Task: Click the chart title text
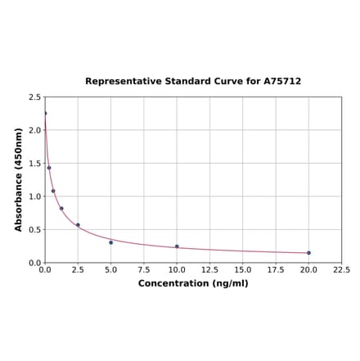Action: [193, 82]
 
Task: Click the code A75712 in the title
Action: [283, 82]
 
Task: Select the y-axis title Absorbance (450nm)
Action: [19, 179]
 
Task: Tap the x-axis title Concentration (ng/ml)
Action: [193, 283]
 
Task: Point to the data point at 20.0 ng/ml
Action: [308, 253]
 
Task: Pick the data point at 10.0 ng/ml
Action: [177, 246]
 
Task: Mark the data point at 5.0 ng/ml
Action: [111, 242]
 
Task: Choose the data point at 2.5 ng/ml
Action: [78, 225]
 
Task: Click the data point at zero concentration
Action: [45, 113]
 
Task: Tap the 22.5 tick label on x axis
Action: [341, 269]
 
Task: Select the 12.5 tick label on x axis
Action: [209, 269]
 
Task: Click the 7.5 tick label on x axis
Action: [144, 269]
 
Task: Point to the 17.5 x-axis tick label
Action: [276, 269]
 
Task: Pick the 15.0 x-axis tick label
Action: [243, 269]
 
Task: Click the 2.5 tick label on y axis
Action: [35, 97]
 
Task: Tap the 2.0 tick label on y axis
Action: [35, 130]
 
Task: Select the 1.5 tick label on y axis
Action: [35, 164]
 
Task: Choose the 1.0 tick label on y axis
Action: [35, 196]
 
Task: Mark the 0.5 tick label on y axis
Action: [35, 230]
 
